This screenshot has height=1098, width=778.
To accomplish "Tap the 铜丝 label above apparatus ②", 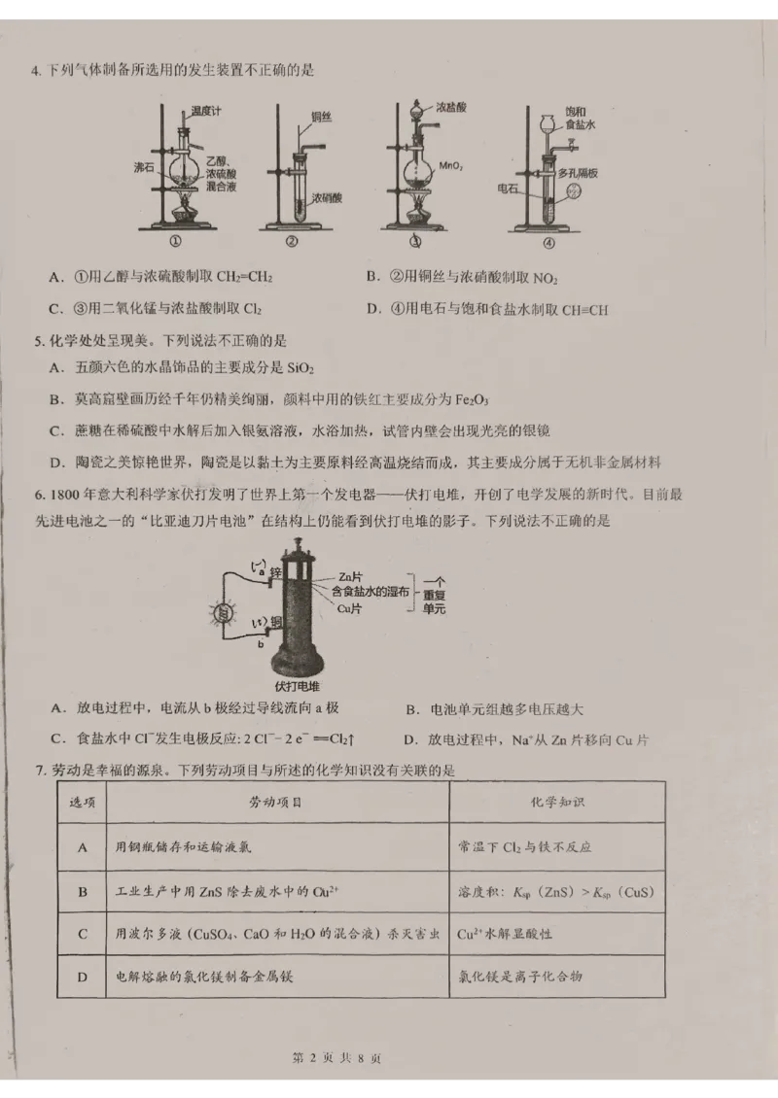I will pos(322,117).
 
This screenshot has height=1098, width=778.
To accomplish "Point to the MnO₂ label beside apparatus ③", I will pos(449,166).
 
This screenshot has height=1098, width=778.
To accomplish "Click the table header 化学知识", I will pos(556,803).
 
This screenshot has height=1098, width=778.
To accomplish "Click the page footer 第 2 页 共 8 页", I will pos(337,1058).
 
